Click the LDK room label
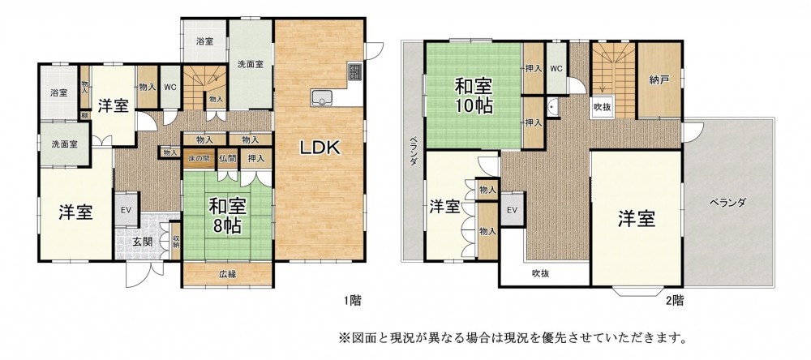pos(320,148)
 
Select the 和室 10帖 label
pos(474,96)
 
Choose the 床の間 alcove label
pos(198,158)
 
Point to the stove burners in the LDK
pos(355,71)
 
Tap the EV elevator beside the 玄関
pos(127,210)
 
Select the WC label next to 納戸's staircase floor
pos(556,68)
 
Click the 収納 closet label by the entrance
pos(176,241)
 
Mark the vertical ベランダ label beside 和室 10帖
pos(414,151)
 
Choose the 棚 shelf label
pos(84,116)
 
